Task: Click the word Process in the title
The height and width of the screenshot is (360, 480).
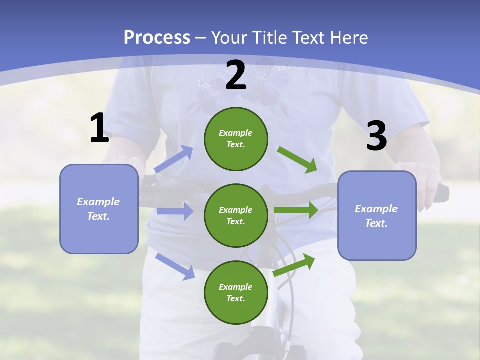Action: [x=157, y=37]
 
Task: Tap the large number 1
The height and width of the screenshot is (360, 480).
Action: [x=99, y=128]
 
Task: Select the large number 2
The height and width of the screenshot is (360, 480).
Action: [x=236, y=75]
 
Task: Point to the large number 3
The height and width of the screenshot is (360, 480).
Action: [x=376, y=136]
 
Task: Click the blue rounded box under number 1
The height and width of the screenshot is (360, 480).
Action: [x=99, y=209]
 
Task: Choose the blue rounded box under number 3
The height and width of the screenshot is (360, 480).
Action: [x=377, y=215]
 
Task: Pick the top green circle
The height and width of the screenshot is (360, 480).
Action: [x=236, y=139]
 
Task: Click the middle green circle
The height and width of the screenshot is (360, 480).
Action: [x=236, y=215]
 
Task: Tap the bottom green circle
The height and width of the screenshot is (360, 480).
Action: [x=236, y=292]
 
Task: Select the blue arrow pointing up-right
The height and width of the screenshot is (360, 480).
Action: [x=174, y=159]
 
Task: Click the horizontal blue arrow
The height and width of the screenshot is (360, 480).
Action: [x=175, y=211]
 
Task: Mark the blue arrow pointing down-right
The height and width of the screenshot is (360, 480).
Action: [x=175, y=266]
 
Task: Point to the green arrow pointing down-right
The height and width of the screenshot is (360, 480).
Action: [x=297, y=159]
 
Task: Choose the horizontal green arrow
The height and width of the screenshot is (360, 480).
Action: [x=296, y=210]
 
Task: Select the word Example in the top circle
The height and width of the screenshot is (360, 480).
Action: [x=235, y=133]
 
